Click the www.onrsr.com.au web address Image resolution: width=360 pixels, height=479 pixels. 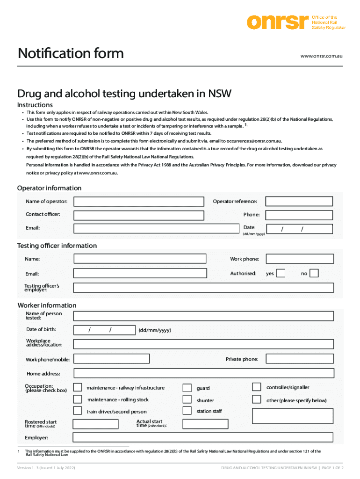[x=322, y=56]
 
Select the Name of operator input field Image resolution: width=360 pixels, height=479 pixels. [x=139, y=202]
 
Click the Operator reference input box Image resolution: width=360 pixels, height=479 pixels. [x=299, y=202]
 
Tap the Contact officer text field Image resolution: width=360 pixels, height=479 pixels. [x=139, y=215]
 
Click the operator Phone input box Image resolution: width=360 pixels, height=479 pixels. [x=299, y=215]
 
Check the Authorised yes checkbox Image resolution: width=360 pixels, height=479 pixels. [x=281, y=273]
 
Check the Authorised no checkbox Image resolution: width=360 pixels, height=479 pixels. [x=314, y=273]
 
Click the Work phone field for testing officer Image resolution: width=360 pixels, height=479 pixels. [x=299, y=259]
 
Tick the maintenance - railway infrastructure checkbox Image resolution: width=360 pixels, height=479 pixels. [x=78, y=387]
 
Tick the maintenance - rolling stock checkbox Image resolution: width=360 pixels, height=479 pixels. [x=78, y=399]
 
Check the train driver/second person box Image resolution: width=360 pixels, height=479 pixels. [x=78, y=411]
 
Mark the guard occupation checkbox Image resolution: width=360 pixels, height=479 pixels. [x=187, y=388]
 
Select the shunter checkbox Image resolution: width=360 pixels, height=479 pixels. [x=187, y=399]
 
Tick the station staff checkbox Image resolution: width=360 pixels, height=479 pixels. [x=187, y=411]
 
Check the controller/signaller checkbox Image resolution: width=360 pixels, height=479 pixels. [x=256, y=387]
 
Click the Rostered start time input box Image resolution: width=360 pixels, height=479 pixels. [x=96, y=424]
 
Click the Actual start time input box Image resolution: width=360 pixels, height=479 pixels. [x=205, y=424]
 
